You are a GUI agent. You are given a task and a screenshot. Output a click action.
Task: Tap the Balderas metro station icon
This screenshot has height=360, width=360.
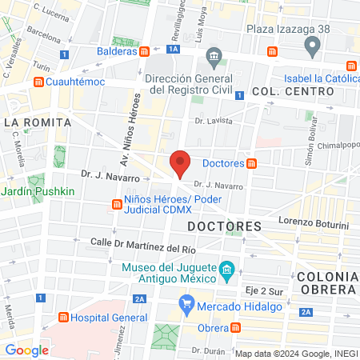(x=144, y=52)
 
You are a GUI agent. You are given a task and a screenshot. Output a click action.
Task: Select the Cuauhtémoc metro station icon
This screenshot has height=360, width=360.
(x=38, y=82)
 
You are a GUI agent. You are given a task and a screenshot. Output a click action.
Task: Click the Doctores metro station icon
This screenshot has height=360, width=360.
(x=252, y=164)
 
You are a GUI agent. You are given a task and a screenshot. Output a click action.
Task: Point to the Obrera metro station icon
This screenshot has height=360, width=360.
(x=235, y=327)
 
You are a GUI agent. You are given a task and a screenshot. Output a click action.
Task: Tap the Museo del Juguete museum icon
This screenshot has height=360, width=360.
(x=227, y=271)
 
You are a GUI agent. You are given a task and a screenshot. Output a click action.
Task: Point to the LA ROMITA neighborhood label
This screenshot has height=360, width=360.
(x=38, y=122)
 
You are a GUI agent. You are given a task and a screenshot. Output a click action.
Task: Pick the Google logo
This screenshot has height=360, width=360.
(x=26, y=350)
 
